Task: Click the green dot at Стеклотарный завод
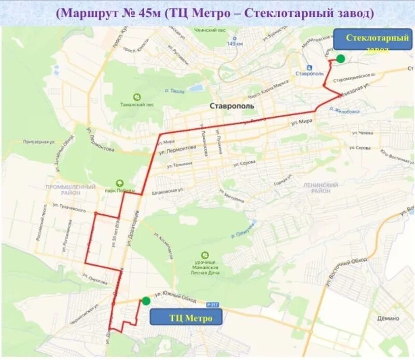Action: pos(340,59)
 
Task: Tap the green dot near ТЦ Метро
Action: pos(146,301)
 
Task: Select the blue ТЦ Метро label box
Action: pos(186,317)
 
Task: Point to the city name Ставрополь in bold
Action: pos(232,105)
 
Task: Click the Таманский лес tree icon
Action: pos(137,97)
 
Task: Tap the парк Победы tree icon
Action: pos(120,183)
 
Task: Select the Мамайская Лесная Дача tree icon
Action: pos(205,255)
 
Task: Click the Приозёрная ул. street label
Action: pos(39,142)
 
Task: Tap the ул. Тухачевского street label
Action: pos(70,210)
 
